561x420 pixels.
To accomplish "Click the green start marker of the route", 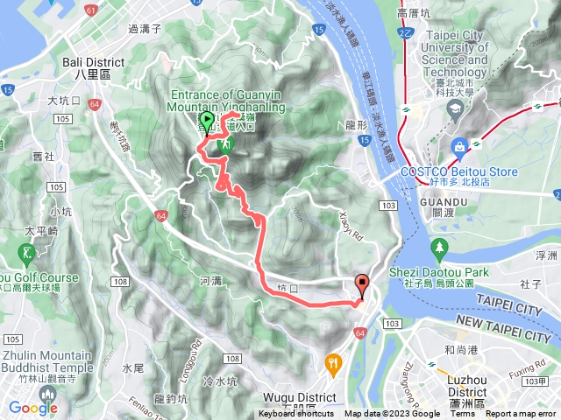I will click(207, 122).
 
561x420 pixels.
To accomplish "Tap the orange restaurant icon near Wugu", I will click(333, 362).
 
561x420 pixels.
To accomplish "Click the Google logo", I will click(32, 408).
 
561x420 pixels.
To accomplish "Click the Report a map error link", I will click(522, 414).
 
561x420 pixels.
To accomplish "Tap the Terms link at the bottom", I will click(463, 414).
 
